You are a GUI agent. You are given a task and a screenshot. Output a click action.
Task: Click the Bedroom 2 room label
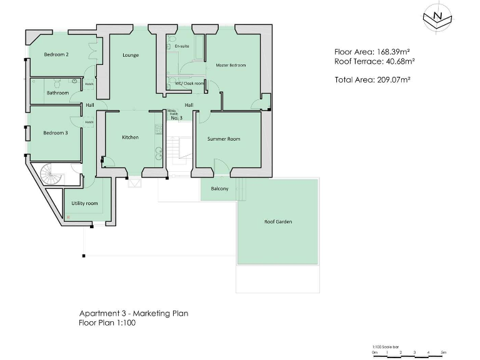pyautogui.click(x=56, y=55)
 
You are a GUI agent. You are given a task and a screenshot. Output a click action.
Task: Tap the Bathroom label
pyautogui.click(x=57, y=93)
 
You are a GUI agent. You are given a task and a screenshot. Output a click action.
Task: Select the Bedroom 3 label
pyautogui.click(x=56, y=132)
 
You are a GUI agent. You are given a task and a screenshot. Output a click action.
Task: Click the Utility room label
pyautogui.click(x=84, y=203)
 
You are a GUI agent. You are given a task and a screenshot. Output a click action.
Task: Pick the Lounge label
pyautogui.click(x=131, y=55)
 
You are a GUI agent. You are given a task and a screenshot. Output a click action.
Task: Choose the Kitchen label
pyautogui.click(x=130, y=137)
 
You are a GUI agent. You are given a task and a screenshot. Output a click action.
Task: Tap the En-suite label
pyautogui.click(x=182, y=46)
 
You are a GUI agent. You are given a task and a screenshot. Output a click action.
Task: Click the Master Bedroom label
pyautogui.click(x=231, y=65)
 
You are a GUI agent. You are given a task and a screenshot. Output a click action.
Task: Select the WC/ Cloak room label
pyautogui.click(x=189, y=83)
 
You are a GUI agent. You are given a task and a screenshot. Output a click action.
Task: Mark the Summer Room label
pyautogui.click(x=224, y=139)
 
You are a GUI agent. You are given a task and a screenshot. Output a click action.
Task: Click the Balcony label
pyautogui.click(x=219, y=189)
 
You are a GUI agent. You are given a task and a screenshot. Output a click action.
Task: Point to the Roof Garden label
pyautogui.click(x=278, y=222)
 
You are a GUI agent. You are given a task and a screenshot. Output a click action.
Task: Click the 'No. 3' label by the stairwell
pyautogui.click(x=176, y=117)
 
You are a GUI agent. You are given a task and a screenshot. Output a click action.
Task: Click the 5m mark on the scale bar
pyautogui.click(x=443, y=353)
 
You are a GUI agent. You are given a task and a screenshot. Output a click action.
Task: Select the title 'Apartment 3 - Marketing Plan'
pyautogui.click(x=133, y=314)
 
